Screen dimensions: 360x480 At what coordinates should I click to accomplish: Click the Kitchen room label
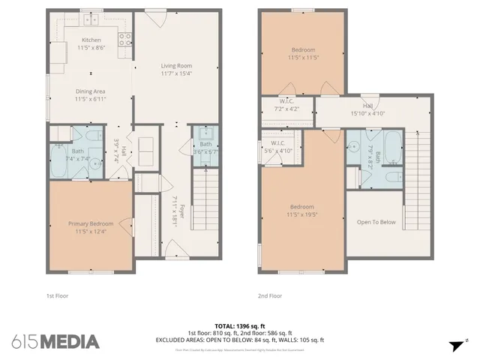(x=91, y=40)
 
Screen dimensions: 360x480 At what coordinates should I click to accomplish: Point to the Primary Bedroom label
(x=91, y=223)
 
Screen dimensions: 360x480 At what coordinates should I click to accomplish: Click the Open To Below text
(x=376, y=222)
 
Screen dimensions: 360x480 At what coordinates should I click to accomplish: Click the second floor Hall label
(x=367, y=106)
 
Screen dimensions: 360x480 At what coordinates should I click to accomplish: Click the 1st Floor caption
(x=57, y=295)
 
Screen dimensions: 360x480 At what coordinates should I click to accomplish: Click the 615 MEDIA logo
(x=55, y=341)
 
